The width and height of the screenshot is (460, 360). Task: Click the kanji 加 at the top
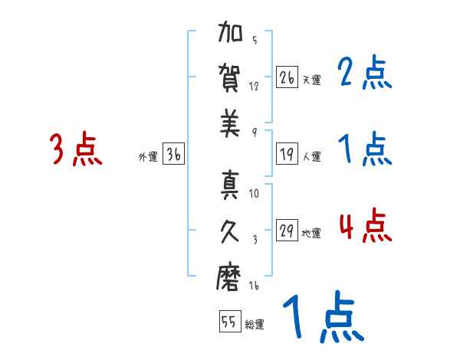coord(230,36)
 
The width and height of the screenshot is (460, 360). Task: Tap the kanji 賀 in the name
coord(230,80)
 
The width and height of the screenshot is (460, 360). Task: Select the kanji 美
coord(230,124)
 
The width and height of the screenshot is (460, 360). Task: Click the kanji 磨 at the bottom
coord(230,277)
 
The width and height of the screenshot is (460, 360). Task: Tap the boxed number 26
coord(287,77)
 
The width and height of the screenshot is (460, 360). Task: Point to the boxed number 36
coord(174,155)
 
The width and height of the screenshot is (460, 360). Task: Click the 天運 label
coord(311,80)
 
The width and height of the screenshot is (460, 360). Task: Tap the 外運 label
coord(148,157)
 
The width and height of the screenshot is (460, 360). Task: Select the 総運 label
coord(255,325)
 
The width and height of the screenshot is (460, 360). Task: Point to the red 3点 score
coord(76,149)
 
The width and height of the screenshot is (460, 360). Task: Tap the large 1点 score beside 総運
coord(322,317)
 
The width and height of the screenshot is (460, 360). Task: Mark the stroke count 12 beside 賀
coord(254,86)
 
